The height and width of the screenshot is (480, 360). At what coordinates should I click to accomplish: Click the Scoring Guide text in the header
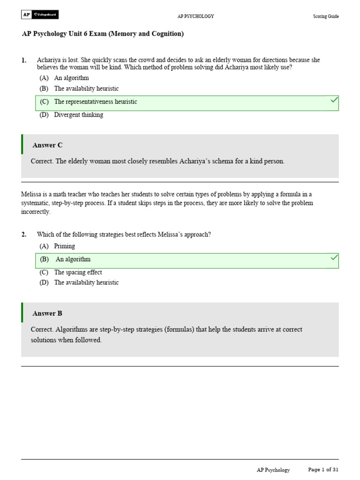point(326,16)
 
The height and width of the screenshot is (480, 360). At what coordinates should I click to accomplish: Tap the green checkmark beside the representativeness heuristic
point(334,100)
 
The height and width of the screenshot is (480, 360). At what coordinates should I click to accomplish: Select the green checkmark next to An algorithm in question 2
point(334,258)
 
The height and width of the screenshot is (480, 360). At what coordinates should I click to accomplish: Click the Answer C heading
point(47,145)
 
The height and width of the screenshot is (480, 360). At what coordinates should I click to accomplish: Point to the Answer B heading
point(47,313)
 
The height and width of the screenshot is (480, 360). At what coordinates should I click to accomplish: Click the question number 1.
point(24,60)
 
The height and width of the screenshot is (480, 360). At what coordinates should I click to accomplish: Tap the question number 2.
point(24,234)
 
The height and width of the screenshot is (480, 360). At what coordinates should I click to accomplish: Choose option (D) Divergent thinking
point(71,115)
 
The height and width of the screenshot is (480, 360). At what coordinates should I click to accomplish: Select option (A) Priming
point(57,246)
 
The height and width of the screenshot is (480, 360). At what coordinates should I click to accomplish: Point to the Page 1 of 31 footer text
point(323,470)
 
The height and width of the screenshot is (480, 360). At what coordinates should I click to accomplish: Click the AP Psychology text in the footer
point(273,470)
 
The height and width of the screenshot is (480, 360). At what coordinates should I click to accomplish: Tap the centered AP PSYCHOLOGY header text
point(195,16)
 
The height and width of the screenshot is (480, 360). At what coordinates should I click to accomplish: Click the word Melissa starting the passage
point(31,194)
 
